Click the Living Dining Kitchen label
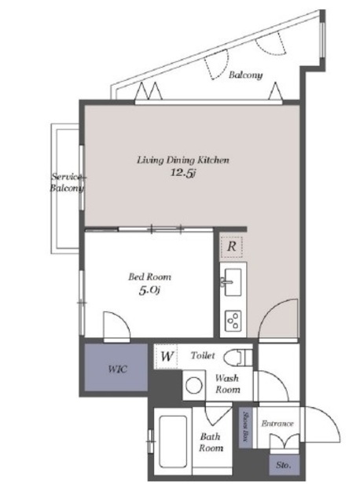[183, 160]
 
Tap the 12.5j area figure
[183, 173]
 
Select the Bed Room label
[149, 277]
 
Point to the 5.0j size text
[149, 291]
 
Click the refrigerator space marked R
[232, 247]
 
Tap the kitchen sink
[233, 282]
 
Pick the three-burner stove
[233, 321]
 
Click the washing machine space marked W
[166, 356]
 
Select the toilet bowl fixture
[237, 357]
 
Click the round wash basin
[194, 385]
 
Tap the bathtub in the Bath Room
[173, 440]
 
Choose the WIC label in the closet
[117, 369]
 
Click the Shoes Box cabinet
[246, 427]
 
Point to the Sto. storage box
[284, 464]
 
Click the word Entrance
[277, 424]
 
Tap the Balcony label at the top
[245, 75]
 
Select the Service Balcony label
[67, 182]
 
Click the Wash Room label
[227, 384]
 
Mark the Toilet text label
[203, 355]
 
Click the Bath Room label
[211, 442]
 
